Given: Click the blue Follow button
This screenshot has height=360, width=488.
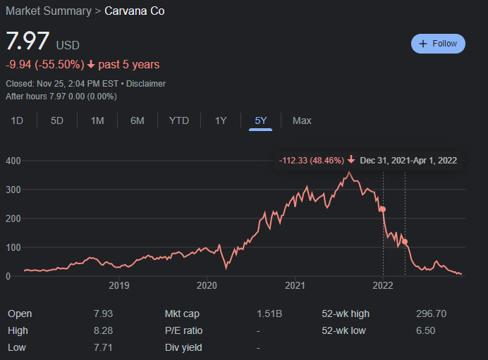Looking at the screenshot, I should (438, 44).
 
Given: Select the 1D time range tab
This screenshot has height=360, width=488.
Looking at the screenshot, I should (17, 120).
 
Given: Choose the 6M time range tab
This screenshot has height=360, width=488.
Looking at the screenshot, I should (137, 120).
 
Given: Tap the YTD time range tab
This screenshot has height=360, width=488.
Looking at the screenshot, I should (179, 120).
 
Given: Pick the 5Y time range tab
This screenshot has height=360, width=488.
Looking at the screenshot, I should (260, 120).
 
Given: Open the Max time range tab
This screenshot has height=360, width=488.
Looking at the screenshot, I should (302, 120).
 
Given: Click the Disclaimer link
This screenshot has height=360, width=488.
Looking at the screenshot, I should (146, 83).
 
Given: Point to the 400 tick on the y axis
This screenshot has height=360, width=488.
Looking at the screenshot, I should (12, 161).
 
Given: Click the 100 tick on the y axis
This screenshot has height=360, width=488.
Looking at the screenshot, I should (12, 247).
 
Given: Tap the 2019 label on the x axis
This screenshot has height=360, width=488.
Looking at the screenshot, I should (118, 285).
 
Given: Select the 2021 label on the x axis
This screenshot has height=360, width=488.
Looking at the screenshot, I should (295, 285).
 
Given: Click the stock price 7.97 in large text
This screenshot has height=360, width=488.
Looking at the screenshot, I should (28, 42).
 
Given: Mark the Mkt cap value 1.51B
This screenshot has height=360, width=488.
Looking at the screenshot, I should (270, 314).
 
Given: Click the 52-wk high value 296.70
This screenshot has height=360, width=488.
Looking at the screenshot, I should (431, 314).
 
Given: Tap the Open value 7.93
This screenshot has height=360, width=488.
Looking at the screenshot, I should (102, 314).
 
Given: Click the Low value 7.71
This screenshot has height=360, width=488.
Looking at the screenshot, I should (102, 347).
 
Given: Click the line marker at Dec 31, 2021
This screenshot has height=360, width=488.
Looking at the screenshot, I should (383, 209).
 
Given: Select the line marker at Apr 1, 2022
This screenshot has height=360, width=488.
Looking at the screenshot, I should (405, 242).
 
